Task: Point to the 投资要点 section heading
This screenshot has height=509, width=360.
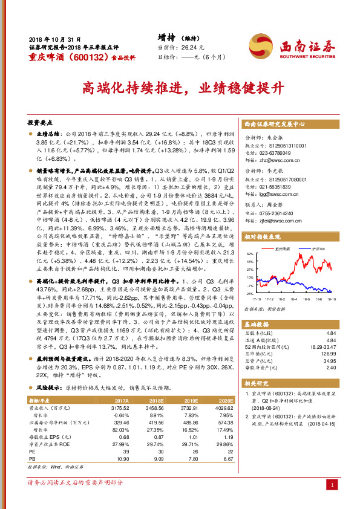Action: point(41,122)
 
